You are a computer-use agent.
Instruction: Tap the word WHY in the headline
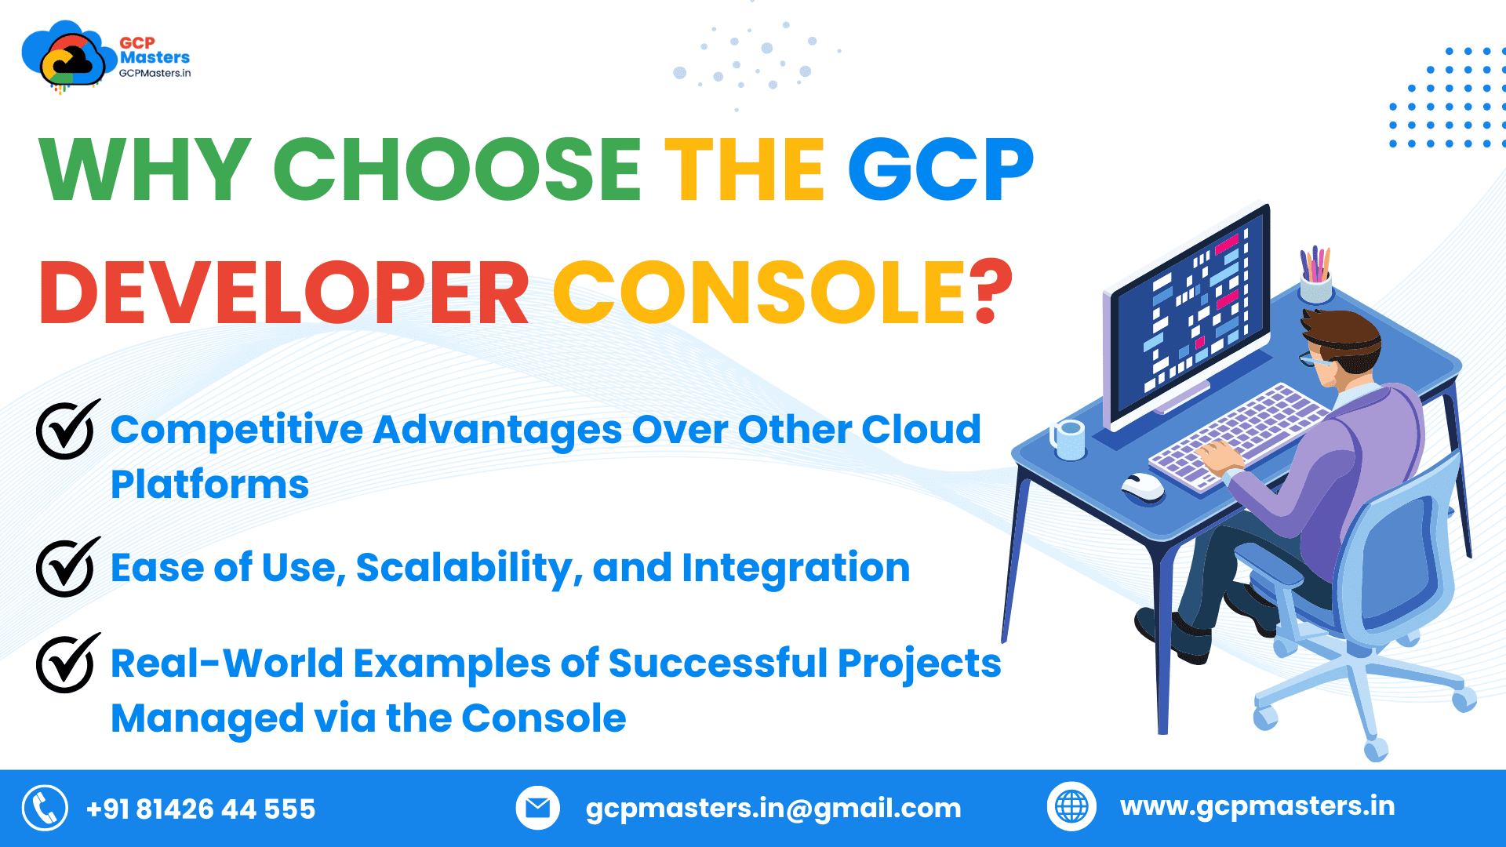click(x=145, y=169)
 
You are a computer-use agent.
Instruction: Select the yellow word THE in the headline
click(x=744, y=169)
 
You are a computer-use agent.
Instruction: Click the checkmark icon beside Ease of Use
click(x=67, y=566)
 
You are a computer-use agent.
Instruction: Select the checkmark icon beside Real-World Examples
click(x=67, y=662)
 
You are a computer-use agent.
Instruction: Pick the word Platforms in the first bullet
click(x=209, y=485)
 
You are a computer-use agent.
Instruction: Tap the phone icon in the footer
click(x=45, y=808)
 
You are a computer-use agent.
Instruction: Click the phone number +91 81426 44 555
click(x=201, y=809)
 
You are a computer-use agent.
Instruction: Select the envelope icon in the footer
click(x=537, y=807)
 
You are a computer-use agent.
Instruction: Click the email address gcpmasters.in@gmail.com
click(x=773, y=808)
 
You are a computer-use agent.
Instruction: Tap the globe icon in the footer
click(x=1071, y=806)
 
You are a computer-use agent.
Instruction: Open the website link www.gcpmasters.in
click(x=1257, y=806)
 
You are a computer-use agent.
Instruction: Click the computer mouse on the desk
click(x=1143, y=486)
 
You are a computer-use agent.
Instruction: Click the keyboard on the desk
click(x=1239, y=435)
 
